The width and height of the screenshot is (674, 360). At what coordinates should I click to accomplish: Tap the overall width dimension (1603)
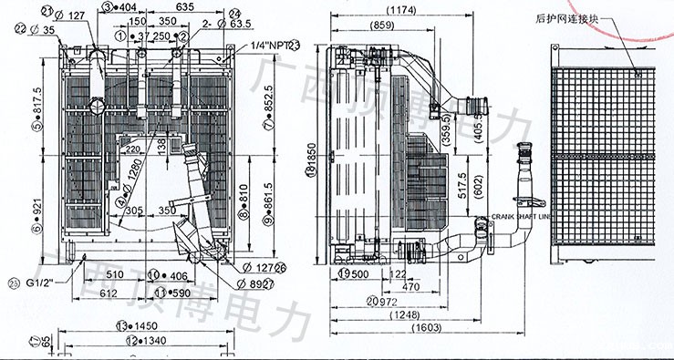(x=426, y=328)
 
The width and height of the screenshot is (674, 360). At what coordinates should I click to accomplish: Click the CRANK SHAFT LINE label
(x=523, y=217)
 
